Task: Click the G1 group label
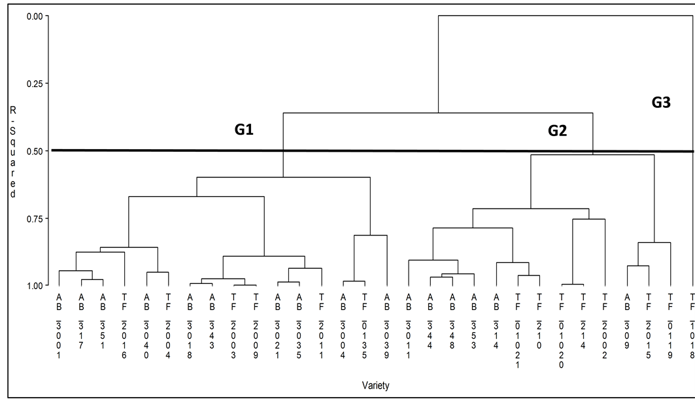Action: (x=244, y=130)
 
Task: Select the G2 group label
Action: (x=557, y=131)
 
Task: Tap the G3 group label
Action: (x=661, y=102)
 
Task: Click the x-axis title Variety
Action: (x=375, y=386)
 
